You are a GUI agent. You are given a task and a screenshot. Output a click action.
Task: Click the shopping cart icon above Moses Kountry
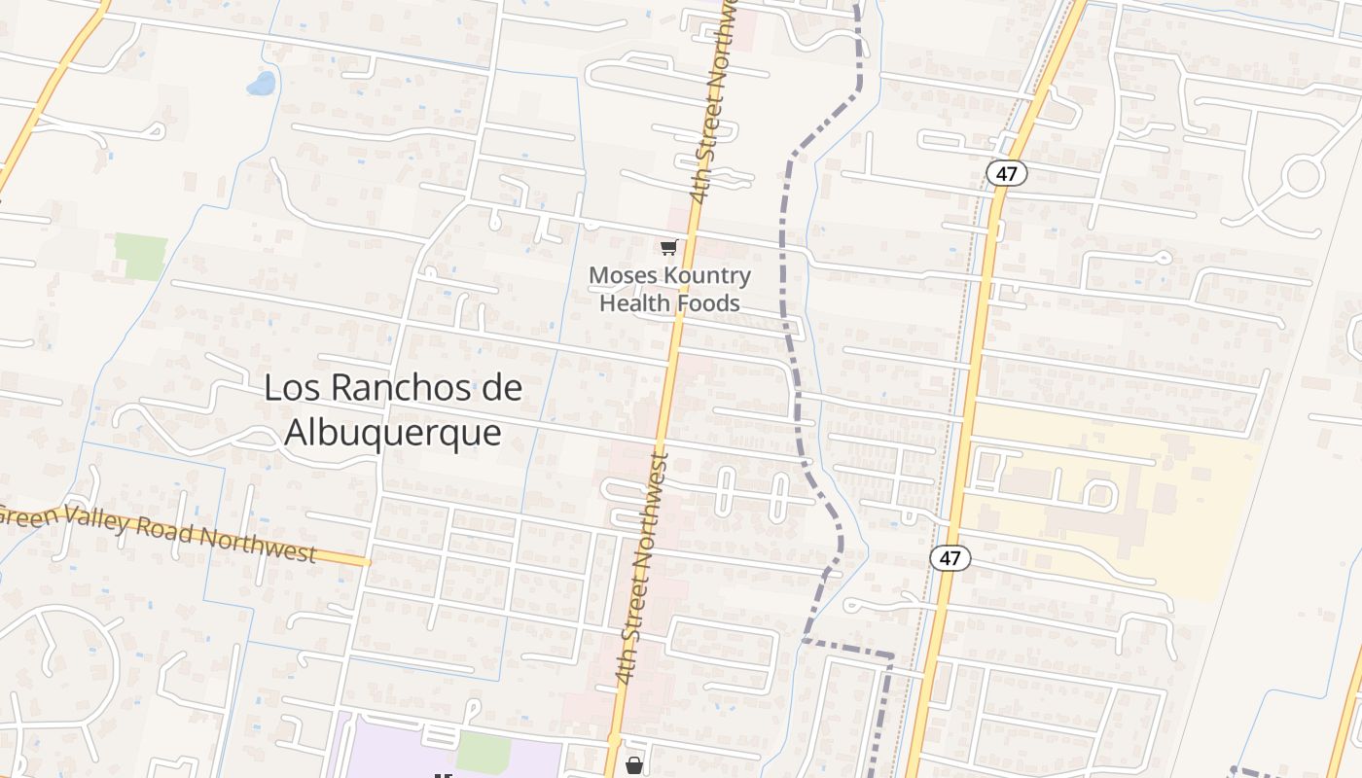pos(668,248)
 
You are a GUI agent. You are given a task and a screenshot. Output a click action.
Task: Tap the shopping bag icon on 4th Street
pos(634,765)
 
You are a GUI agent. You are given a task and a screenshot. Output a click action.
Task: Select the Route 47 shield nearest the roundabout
pos(1006,173)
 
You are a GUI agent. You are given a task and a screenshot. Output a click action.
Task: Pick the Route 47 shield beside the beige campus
pos(950,558)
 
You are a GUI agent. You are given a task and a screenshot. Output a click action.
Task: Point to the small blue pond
pos(261,84)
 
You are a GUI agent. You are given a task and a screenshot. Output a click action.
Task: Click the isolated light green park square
pos(141,256)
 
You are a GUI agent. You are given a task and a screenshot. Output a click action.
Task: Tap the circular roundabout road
pos(1303,177)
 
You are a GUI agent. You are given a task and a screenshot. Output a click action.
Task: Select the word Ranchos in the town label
pos(393,388)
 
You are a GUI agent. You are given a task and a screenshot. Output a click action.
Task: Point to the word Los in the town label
pos(289,388)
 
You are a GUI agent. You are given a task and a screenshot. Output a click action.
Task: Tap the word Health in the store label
pos(635,303)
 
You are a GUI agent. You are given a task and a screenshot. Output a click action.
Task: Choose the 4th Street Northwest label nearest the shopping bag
pos(644,569)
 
